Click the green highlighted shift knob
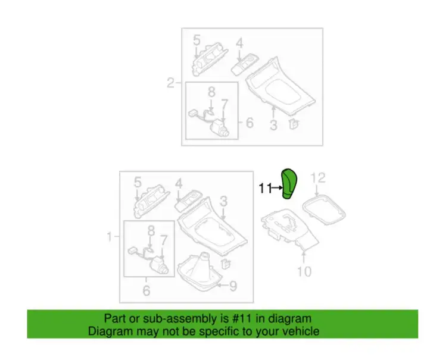tap(290, 184)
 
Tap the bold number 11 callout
tap(265, 188)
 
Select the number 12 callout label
tap(318, 178)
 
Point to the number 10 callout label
tap(304, 271)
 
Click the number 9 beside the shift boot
tap(233, 286)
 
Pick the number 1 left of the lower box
tap(110, 237)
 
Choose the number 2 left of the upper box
tap(170, 83)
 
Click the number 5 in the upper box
tap(197, 40)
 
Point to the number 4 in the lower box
tap(179, 184)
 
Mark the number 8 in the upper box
tap(211, 92)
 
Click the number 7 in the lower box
tap(163, 240)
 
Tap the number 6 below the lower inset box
tap(147, 290)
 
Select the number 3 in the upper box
tap(273, 125)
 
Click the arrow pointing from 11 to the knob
tap(277, 188)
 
